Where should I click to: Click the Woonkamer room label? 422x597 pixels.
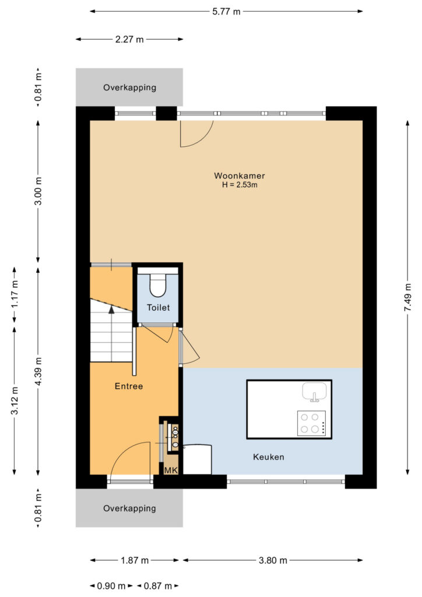pyautogui.click(x=240, y=176)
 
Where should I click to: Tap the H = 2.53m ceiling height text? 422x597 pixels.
pyautogui.click(x=240, y=185)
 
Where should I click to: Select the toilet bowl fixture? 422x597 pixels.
pyautogui.click(x=157, y=284)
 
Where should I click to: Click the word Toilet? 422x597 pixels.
pyautogui.click(x=159, y=308)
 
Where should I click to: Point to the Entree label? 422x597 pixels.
pyautogui.click(x=129, y=387)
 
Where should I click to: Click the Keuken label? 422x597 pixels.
pyautogui.click(x=269, y=457)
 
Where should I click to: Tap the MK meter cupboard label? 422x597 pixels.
pyautogui.click(x=171, y=470)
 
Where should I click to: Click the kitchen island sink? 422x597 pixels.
pyautogui.click(x=314, y=392)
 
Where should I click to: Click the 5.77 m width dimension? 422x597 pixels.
pyautogui.click(x=226, y=12)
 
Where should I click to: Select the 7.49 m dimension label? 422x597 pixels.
pyautogui.click(x=407, y=297)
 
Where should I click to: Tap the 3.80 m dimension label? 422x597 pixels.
pyautogui.click(x=273, y=560)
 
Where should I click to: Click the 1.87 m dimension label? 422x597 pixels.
pyautogui.click(x=135, y=560)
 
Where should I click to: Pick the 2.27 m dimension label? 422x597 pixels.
pyautogui.click(x=129, y=39)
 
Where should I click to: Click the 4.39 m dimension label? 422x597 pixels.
pyautogui.click(x=38, y=371)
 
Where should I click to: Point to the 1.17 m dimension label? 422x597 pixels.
pyautogui.click(x=15, y=294)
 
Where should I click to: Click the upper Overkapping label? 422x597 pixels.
pyautogui.click(x=130, y=87)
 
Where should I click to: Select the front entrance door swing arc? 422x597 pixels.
pyautogui.click(x=122, y=451)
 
